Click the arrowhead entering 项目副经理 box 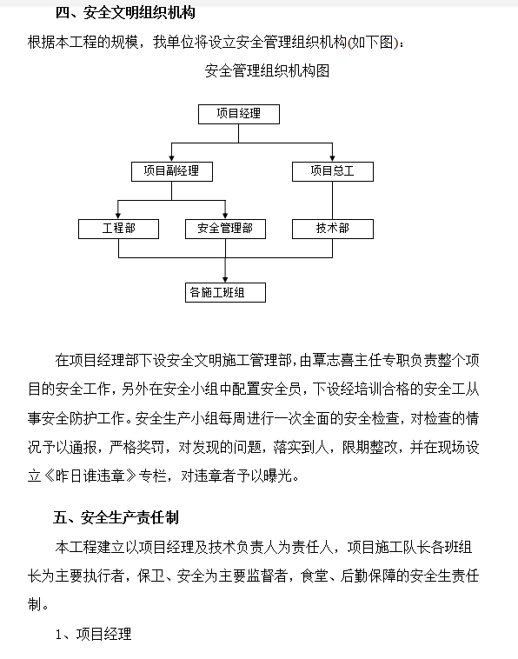click(x=172, y=158)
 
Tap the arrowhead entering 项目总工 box click(x=332, y=158)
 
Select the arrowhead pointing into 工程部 click(x=118, y=216)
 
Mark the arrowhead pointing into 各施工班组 click(x=226, y=279)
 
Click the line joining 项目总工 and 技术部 click(x=332, y=200)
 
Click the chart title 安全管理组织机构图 click(x=267, y=70)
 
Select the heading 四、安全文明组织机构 click(x=125, y=13)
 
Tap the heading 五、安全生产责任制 click(x=116, y=517)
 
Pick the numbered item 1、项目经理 click(x=93, y=634)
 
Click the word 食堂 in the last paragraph click(x=315, y=576)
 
